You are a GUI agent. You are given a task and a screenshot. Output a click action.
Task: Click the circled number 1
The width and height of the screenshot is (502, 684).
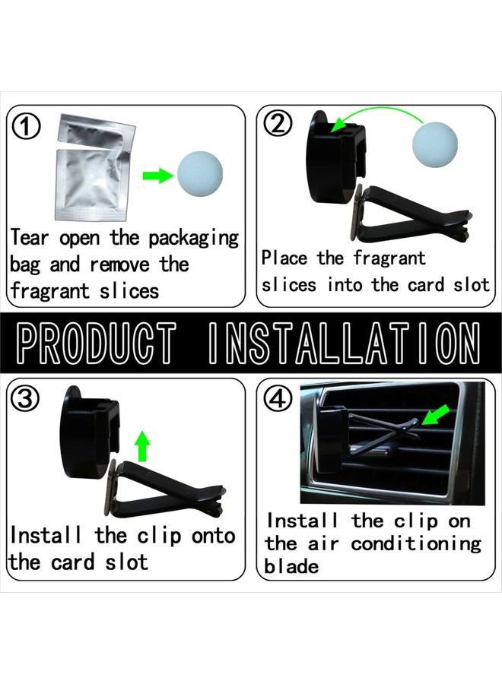tap(26, 127)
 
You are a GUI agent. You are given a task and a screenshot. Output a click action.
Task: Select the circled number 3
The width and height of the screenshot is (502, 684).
tap(25, 398)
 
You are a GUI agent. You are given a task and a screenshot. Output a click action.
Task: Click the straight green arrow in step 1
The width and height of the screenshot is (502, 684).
tap(158, 176)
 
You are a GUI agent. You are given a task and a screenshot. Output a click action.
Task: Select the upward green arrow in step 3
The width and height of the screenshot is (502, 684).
tap(142, 446)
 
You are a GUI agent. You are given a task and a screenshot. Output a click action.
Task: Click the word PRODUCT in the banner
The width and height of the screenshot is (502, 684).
tap(97, 344)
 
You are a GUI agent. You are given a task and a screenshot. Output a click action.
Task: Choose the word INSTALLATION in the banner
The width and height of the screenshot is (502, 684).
tap(344, 344)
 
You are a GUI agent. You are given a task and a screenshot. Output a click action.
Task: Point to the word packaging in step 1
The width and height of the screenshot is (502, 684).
tap(194, 239)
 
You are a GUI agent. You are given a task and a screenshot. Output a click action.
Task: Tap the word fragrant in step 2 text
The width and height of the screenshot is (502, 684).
tap(389, 258)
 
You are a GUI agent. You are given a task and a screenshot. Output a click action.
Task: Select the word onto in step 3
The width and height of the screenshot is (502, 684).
tap(214, 536)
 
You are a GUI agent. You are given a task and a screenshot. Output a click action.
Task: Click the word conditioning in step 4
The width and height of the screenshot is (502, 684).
tap(416, 545)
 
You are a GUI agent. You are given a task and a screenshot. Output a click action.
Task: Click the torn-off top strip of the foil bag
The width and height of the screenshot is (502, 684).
tap(97, 129)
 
